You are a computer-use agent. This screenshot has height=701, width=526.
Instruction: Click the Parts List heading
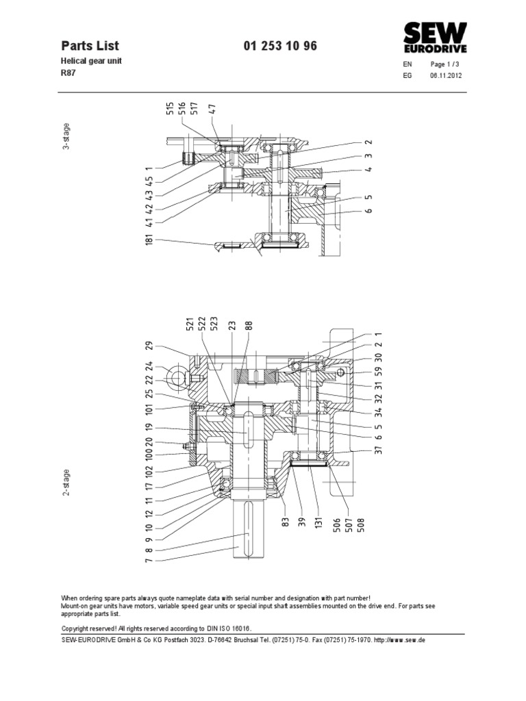(x=90, y=46)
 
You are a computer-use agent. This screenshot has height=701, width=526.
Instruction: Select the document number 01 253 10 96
(x=280, y=46)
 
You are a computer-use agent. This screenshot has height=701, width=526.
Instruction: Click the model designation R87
(x=68, y=75)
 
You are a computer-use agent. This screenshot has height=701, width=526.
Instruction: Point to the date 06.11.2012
(x=446, y=76)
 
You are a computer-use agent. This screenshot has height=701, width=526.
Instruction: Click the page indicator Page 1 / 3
(x=444, y=64)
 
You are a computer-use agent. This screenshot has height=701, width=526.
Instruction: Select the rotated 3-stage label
(x=67, y=136)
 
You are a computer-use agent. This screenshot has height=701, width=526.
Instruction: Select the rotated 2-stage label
(x=67, y=485)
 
